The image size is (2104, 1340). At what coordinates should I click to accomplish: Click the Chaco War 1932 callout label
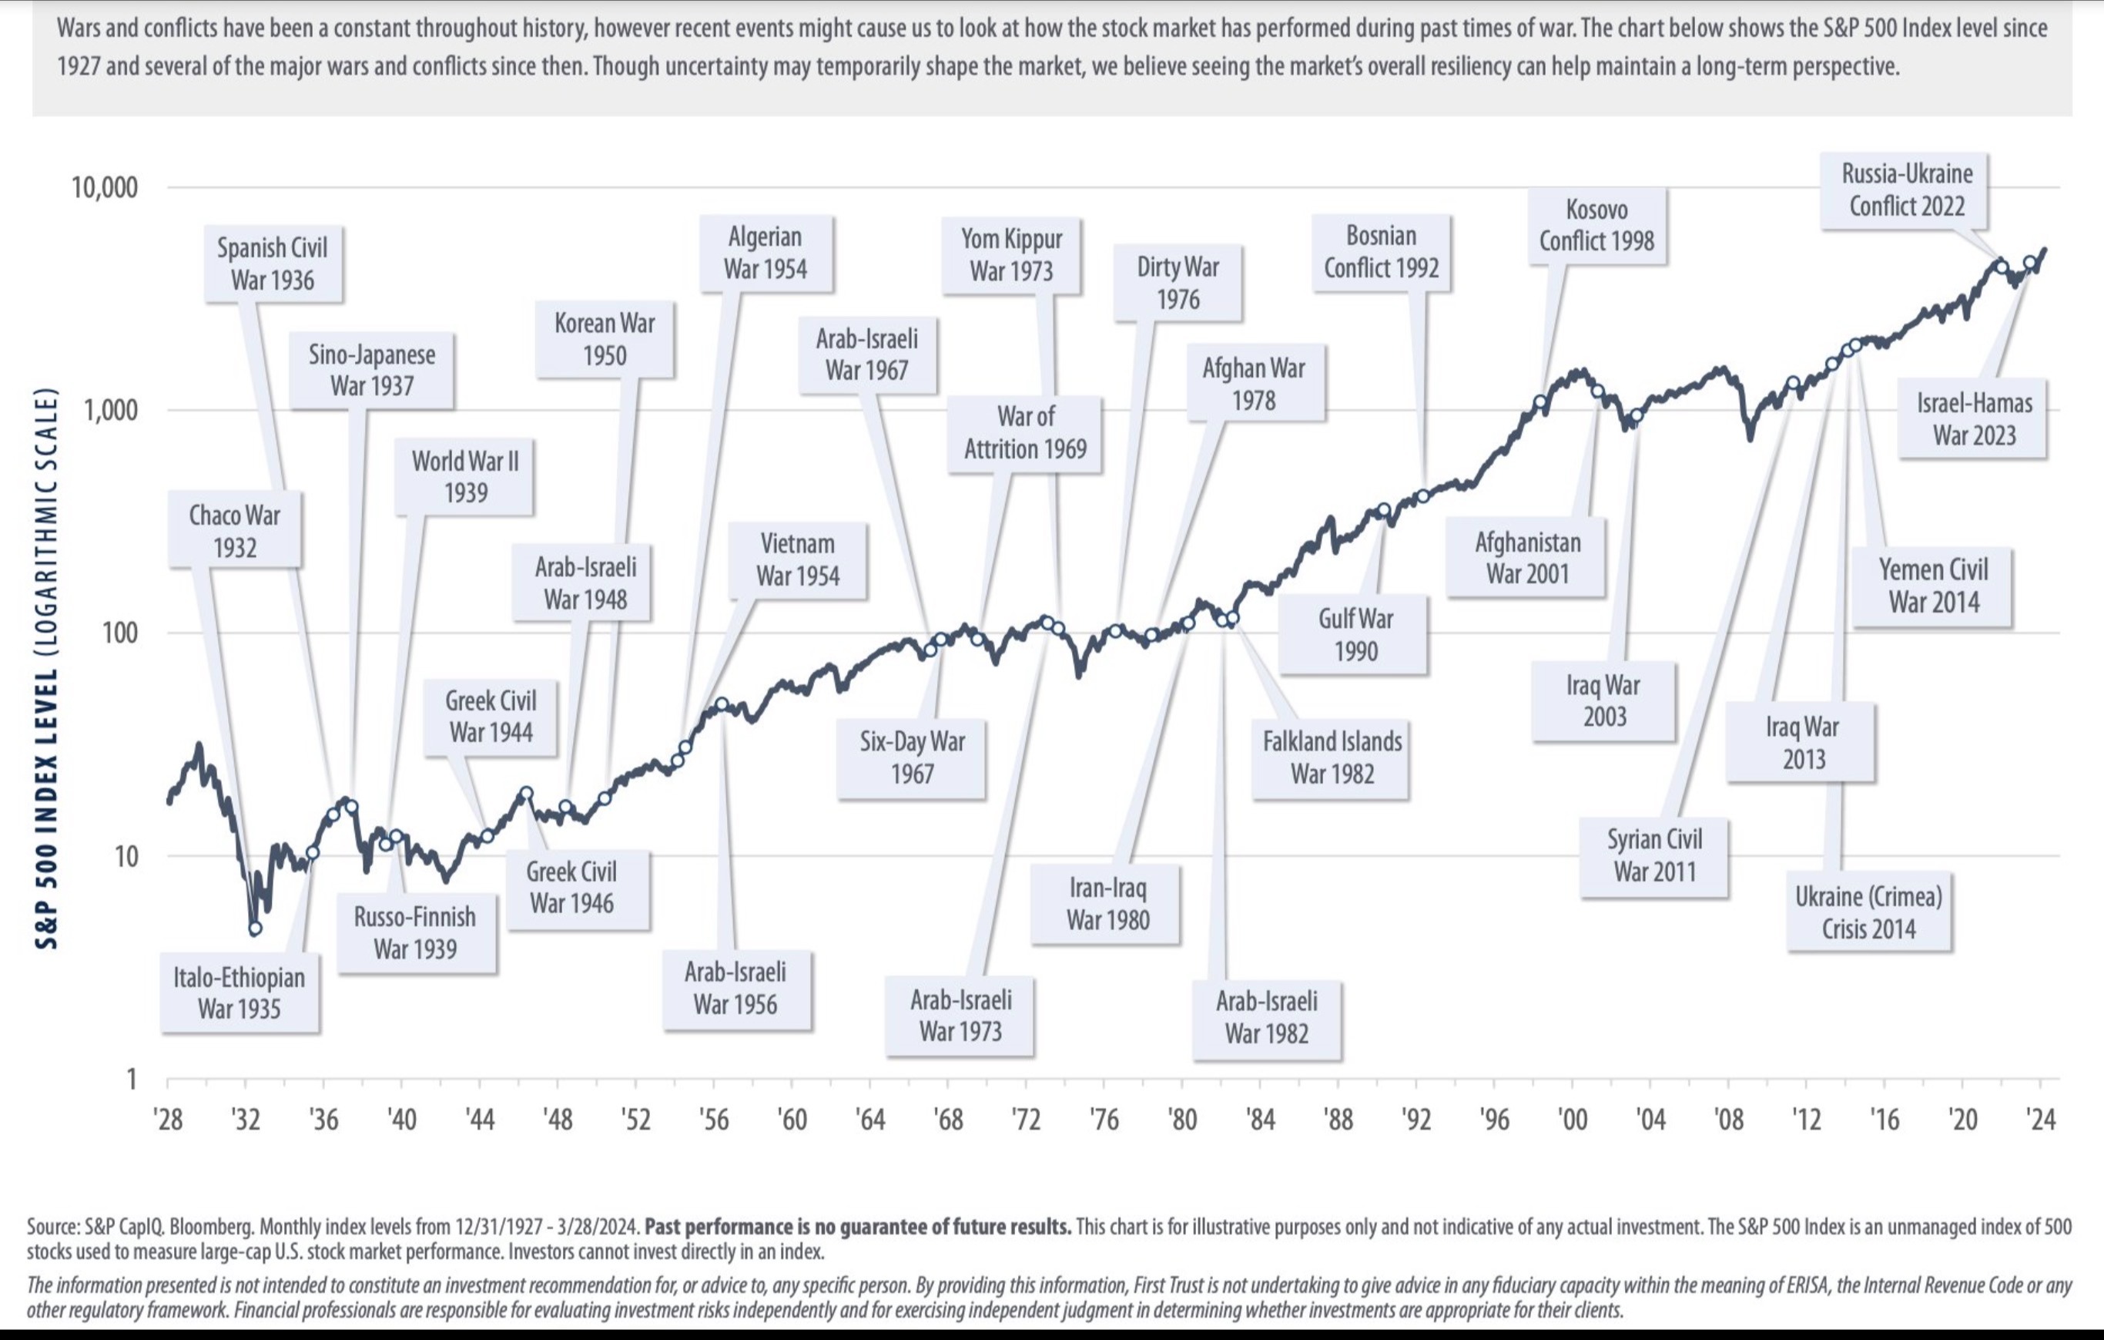click(x=234, y=531)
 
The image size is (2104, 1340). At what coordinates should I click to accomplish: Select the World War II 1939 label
click(x=465, y=476)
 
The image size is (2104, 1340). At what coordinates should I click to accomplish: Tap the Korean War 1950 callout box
click(x=604, y=339)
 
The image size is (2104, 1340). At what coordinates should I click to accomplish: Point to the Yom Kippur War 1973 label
click(x=1011, y=254)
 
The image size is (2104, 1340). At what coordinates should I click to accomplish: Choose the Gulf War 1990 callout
click(x=1355, y=635)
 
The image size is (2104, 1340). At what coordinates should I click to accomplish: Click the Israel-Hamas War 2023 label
click(x=1974, y=418)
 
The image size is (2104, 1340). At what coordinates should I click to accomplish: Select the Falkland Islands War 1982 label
click(x=1332, y=757)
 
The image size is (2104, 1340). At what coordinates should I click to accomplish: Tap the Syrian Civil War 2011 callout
click(x=1654, y=855)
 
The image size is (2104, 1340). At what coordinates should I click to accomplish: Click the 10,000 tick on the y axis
click(x=104, y=187)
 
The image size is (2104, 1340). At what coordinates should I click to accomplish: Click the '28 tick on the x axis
click(x=169, y=1119)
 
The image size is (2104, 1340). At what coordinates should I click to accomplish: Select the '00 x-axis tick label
click(x=1572, y=1119)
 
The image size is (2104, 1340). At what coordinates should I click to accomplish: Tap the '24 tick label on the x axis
click(x=2040, y=1119)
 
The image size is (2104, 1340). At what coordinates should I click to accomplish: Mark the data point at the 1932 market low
click(x=254, y=929)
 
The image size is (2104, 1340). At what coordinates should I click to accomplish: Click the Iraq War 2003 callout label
click(x=1603, y=700)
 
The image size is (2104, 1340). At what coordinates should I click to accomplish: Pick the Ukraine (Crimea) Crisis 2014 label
click(x=1868, y=912)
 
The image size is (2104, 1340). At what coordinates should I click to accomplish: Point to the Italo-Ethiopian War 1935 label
click(x=239, y=993)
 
